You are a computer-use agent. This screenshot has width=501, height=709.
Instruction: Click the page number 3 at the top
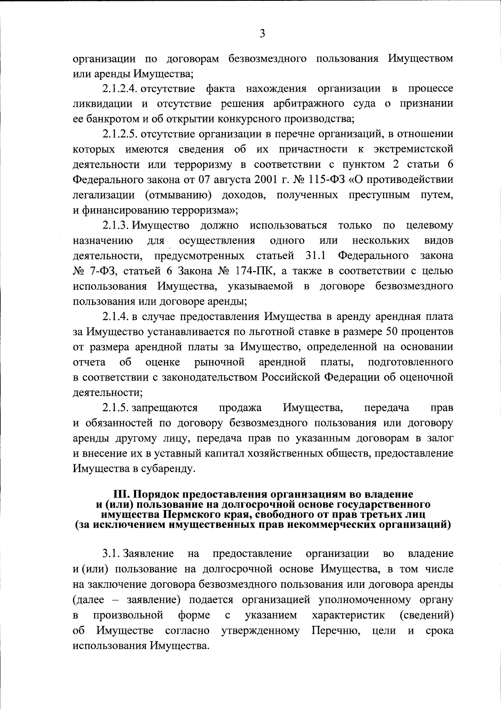coord(262,34)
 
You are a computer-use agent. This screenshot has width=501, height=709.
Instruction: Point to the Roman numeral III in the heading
coord(122,494)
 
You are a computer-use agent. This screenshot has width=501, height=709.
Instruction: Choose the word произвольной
coord(128,615)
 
